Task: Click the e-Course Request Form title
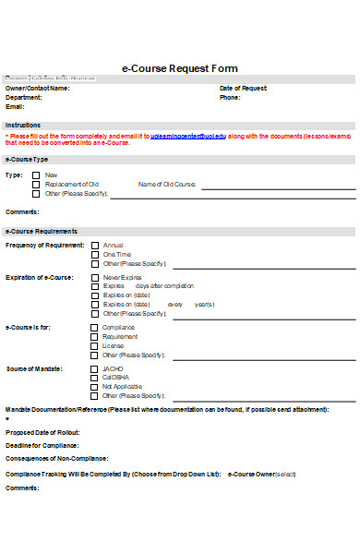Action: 180,68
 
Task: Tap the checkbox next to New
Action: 36,175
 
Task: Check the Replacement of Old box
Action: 36,185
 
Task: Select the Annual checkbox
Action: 94,245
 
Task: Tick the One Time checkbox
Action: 94,254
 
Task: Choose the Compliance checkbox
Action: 94,327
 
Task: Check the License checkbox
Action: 94,345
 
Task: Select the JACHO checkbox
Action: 94,368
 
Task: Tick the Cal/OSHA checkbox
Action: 94,378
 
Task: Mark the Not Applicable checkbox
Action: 94,387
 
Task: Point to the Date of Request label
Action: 243,88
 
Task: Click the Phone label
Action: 230,97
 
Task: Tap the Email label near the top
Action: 16,106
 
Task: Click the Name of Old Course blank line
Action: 277,187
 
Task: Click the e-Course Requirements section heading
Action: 41,230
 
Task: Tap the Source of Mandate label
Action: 34,368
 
